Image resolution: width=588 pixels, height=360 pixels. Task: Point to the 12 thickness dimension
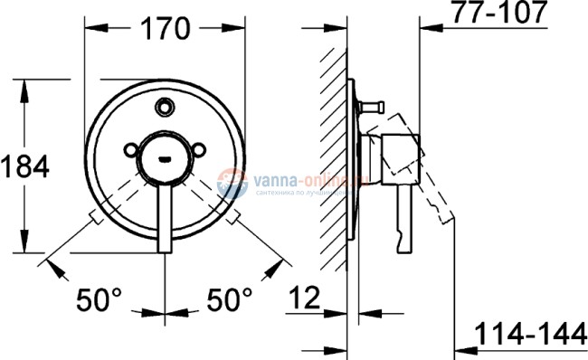coord(306,297)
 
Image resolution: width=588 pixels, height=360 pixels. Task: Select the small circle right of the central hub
coord(197,151)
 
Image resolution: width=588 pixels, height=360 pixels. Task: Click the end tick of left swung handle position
coord(90,217)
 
